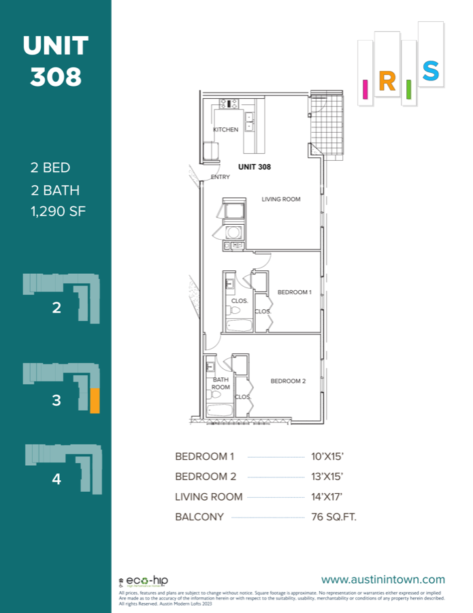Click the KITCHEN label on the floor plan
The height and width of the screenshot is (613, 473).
pyautogui.click(x=226, y=129)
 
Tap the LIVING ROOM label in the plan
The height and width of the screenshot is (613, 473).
pyautogui.click(x=281, y=200)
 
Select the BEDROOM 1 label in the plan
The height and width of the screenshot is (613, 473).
pyautogui.click(x=294, y=292)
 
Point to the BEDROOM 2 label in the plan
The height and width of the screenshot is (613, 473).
pyautogui.click(x=288, y=381)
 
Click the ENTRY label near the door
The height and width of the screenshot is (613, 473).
pyautogui.click(x=220, y=177)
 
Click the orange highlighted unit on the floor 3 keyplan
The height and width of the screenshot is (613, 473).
pyautogui.click(x=95, y=400)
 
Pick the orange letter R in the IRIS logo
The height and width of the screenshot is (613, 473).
pyautogui.click(x=386, y=82)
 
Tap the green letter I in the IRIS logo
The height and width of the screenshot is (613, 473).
pyautogui.click(x=409, y=89)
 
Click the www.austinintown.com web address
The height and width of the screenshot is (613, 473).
pyautogui.click(x=382, y=580)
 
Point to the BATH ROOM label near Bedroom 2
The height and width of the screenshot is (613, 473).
pyautogui.click(x=221, y=383)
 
